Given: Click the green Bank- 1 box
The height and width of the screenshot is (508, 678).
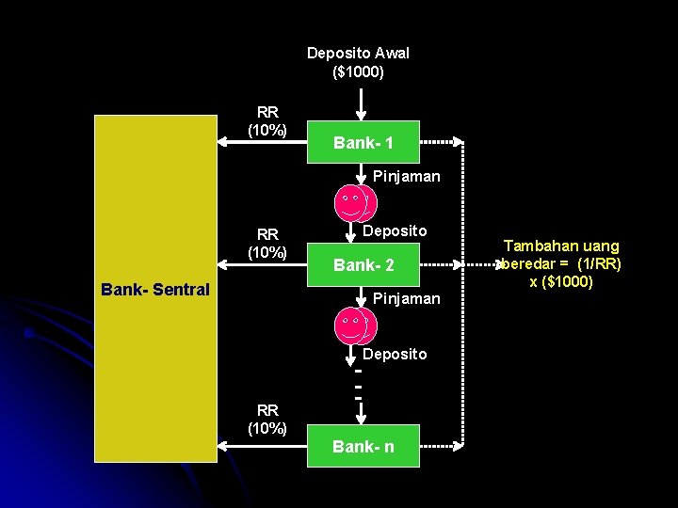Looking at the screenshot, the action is point(363,142).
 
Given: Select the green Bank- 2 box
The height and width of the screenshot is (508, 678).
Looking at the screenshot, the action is point(363,264).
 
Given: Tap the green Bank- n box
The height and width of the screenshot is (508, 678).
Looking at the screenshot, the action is point(363,446).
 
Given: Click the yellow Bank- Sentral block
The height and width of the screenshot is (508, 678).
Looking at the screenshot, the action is point(155,289).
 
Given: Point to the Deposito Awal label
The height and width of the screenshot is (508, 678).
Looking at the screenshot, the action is point(358,53).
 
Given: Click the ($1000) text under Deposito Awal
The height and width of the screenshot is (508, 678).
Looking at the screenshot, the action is point(358,71).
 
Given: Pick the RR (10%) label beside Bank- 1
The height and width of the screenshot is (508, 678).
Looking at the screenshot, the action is point(267,121).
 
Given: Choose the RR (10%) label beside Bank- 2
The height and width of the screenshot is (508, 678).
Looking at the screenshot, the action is point(267,244).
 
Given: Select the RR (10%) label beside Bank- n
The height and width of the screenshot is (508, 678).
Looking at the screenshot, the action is point(267,420).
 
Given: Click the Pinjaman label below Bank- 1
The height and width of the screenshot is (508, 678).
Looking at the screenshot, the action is point(407,177).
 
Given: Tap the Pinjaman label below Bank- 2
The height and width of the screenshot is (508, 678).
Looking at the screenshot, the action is point(407,299).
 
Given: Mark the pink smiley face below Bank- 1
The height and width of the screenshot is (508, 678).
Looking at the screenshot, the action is point(355,203).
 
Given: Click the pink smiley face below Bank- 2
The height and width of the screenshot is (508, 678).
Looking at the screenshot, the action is point(355,325).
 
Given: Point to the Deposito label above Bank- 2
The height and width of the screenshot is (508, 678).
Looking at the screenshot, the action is point(395,231).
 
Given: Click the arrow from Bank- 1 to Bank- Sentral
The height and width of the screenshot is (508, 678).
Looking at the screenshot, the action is point(262,142).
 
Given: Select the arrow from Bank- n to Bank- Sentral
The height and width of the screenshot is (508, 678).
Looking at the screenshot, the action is point(262,446).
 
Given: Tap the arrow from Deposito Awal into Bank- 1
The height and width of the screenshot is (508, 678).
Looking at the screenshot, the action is point(361,104).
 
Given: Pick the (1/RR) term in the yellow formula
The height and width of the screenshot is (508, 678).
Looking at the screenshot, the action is point(599,264).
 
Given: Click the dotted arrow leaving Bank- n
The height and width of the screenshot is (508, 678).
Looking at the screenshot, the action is point(442,446).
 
